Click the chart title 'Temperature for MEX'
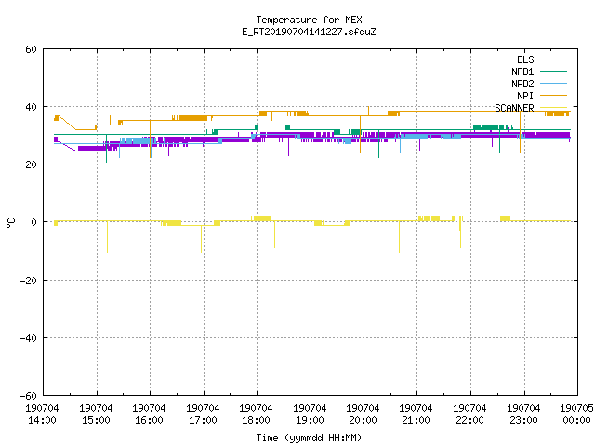point(309,20)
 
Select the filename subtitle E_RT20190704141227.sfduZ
point(309,32)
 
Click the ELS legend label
point(525,59)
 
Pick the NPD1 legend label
point(522,72)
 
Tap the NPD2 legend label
point(522,84)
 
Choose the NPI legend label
point(525,96)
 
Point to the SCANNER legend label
point(514,108)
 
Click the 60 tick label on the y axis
point(31,49)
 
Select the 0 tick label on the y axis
point(33,222)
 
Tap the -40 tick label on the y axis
point(29,338)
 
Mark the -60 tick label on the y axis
point(29,396)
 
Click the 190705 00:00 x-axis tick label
point(576,414)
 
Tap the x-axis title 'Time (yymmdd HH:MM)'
point(309,438)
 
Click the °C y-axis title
point(10,223)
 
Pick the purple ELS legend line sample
point(553,59)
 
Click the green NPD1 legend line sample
point(553,72)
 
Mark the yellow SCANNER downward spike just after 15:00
point(108,237)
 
